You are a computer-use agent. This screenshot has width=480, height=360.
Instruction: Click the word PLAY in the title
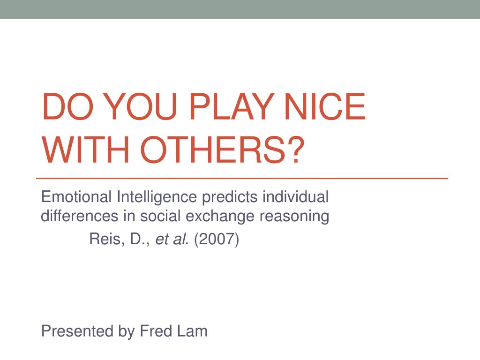coord(232,106)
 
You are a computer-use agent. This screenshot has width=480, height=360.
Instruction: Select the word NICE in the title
coord(325,106)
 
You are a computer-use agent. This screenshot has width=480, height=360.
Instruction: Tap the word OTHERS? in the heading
coord(222,150)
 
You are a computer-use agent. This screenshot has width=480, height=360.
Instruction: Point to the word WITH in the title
coord(86,150)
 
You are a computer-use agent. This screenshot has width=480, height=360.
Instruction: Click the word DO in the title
coord(67,106)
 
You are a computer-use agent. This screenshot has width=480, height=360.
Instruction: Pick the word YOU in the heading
coord(141,106)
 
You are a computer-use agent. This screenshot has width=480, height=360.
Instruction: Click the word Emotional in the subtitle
coord(76,196)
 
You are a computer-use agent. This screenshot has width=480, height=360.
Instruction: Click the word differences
coord(80,216)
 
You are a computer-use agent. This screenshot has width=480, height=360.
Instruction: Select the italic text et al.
coord(171,239)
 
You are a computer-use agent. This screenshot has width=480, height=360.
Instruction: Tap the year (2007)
coord(217,239)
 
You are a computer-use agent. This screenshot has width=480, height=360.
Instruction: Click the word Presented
coord(77,331)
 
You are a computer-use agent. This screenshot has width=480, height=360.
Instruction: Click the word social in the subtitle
coord(160,216)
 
